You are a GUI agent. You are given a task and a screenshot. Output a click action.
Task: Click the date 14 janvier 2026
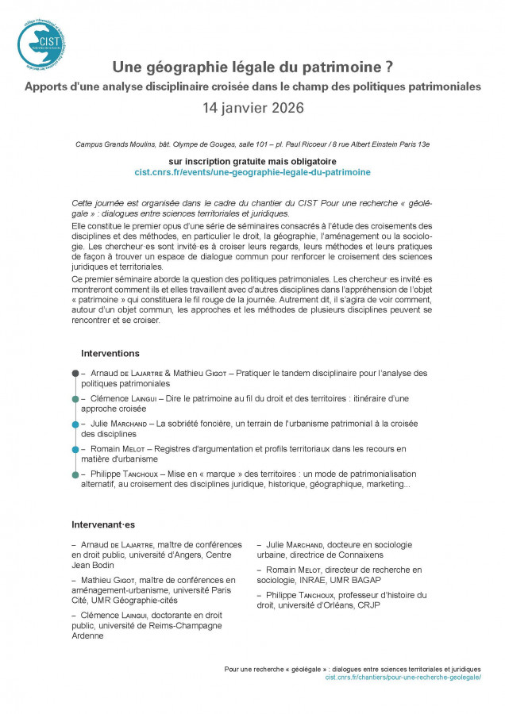[252, 107]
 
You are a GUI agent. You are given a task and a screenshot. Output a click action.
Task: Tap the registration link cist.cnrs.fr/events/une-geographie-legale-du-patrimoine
[252, 171]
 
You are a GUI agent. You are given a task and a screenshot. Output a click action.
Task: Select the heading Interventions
[110, 352]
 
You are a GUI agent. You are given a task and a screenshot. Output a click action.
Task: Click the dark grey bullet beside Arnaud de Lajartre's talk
[75, 373]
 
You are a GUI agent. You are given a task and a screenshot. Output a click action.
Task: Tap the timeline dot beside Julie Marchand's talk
[75, 424]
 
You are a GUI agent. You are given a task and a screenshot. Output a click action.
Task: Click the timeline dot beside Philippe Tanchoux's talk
[75, 474]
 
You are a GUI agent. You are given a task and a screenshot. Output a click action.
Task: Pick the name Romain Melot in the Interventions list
[118, 449]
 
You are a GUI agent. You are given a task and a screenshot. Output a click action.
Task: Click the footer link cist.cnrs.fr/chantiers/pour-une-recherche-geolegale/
[403, 678]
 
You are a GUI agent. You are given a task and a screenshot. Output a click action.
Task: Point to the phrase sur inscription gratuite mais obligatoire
[252, 159]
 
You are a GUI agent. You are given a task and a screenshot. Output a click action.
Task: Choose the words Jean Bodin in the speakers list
[94, 565]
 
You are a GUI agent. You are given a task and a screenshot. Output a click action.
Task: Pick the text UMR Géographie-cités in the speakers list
[130, 601]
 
